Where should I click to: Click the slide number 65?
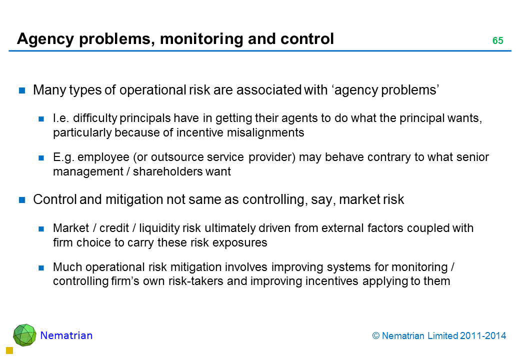[498, 40]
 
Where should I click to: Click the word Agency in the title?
[45, 39]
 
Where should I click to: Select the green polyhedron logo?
[24, 335]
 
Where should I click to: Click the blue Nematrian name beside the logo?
[66, 335]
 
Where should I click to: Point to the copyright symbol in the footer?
[375, 336]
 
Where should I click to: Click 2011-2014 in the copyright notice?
[483, 336]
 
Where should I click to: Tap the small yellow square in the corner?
[9, 350]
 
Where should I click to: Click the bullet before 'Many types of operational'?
[22, 90]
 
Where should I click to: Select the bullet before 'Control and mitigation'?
[22, 200]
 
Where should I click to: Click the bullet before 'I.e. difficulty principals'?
[41, 118]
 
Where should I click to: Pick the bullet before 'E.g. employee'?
[41, 158]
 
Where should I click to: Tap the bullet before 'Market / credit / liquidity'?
[41, 228]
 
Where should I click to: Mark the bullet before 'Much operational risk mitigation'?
[41, 267]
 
